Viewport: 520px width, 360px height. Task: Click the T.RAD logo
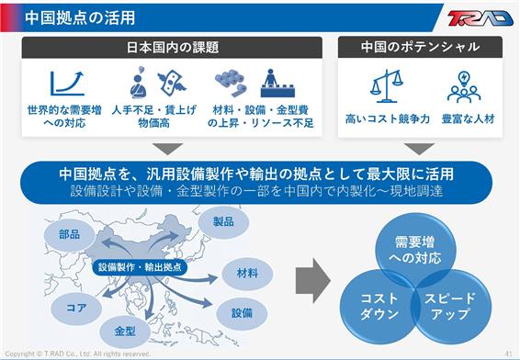click(480, 17)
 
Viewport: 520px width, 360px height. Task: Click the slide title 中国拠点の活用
click(80, 17)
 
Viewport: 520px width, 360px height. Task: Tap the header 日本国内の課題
click(173, 48)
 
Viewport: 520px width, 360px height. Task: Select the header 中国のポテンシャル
click(420, 47)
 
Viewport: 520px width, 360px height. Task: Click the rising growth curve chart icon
click(67, 83)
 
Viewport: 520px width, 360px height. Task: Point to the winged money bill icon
click(172, 82)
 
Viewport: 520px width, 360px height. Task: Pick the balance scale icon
click(386, 85)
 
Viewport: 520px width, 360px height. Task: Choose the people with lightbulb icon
click(464, 86)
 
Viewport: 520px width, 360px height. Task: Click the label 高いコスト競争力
click(387, 118)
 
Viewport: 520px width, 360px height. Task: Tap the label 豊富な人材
click(468, 118)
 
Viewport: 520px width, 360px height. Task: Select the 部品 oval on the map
click(70, 235)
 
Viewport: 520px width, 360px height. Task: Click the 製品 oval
click(223, 221)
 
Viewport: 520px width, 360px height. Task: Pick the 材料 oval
click(247, 273)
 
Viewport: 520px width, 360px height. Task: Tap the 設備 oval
click(242, 313)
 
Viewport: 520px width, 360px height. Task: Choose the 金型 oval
click(125, 331)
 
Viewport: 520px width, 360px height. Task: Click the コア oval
click(76, 308)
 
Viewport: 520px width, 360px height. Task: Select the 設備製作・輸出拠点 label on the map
click(140, 267)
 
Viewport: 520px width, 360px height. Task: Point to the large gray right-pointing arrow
click(312, 281)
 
